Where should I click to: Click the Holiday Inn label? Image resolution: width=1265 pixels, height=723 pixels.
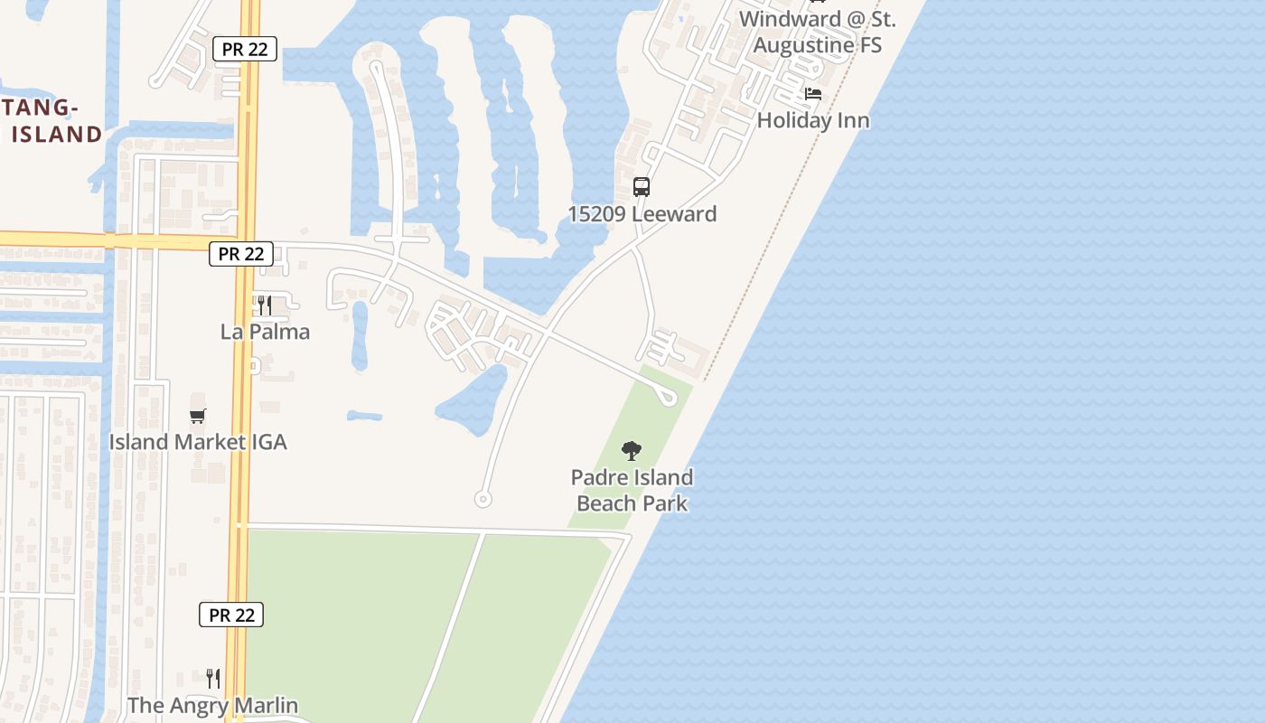[813, 120]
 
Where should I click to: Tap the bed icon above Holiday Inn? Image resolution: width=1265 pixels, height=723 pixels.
[813, 94]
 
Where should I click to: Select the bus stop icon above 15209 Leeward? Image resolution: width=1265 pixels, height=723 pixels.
[642, 187]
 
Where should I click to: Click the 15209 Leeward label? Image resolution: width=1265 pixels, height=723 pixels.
[642, 214]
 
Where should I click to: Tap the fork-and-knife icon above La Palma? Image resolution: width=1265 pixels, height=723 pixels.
[265, 305]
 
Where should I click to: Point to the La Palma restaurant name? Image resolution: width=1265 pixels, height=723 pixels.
[265, 332]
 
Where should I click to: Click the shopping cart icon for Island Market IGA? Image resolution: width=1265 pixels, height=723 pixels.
[198, 416]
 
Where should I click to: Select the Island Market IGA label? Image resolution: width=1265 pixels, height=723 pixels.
[198, 442]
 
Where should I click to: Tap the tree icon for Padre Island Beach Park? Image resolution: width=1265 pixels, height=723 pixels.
[632, 450]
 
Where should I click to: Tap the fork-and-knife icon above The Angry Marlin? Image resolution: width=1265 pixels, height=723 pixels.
[213, 679]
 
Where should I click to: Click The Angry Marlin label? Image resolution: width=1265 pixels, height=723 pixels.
[212, 706]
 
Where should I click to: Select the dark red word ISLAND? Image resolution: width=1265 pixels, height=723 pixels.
[57, 135]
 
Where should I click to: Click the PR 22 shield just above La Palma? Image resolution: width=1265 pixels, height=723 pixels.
[241, 254]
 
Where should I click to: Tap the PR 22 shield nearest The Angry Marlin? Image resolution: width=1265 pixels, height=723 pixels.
[231, 615]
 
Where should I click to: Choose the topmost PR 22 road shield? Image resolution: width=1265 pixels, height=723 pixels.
[245, 49]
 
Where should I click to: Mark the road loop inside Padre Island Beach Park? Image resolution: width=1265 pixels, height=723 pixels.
[668, 396]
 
